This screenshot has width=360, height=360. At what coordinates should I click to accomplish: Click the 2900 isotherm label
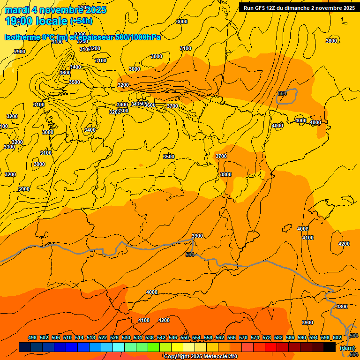tap(20, 52)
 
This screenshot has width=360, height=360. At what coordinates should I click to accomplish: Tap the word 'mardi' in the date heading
tap(17, 10)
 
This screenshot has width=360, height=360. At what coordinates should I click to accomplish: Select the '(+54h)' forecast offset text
tap(81, 21)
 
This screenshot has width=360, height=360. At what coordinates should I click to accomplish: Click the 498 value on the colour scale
tap(32, 337)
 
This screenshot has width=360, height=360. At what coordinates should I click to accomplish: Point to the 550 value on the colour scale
tap(185, 337)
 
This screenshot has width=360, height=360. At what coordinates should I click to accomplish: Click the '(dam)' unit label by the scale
tap(347, 347)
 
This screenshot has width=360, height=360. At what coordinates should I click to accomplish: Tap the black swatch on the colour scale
tap(330, 347)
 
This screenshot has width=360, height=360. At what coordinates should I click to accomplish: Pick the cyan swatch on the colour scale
tap(119, 347)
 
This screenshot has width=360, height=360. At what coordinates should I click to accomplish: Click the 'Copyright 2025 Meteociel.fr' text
tap(201, 356)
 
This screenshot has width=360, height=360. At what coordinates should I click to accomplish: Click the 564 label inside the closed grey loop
tap(282, 93)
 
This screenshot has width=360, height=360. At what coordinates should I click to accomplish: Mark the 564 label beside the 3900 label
tap(190, 255)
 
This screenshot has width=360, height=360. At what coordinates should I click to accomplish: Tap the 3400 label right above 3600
tap(75, 67)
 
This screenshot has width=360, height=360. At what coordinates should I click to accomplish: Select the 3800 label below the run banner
tap(331, 41)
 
